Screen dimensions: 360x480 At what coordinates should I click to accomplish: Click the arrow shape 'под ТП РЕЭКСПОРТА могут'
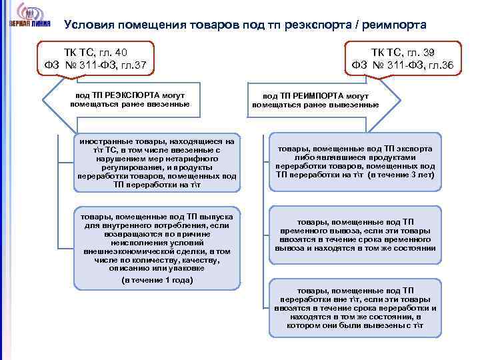130,100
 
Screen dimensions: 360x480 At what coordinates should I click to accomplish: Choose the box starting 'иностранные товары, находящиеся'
156,164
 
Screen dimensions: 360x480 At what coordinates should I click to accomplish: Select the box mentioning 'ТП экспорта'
355,162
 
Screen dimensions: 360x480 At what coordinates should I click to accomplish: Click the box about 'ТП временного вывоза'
355,235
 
